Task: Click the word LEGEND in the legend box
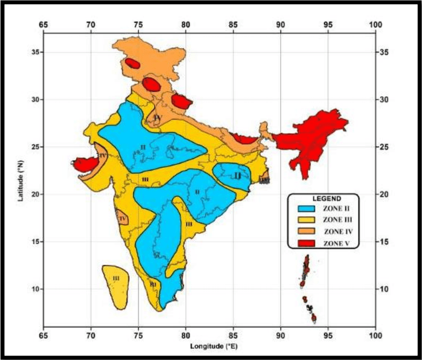tap(323, 198)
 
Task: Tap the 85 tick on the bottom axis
tap(233, 335)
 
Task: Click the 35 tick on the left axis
tap(36, 52)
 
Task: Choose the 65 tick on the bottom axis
tap(43, 335)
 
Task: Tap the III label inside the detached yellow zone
tap(116, 278)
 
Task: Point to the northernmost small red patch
tap(132, 63)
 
